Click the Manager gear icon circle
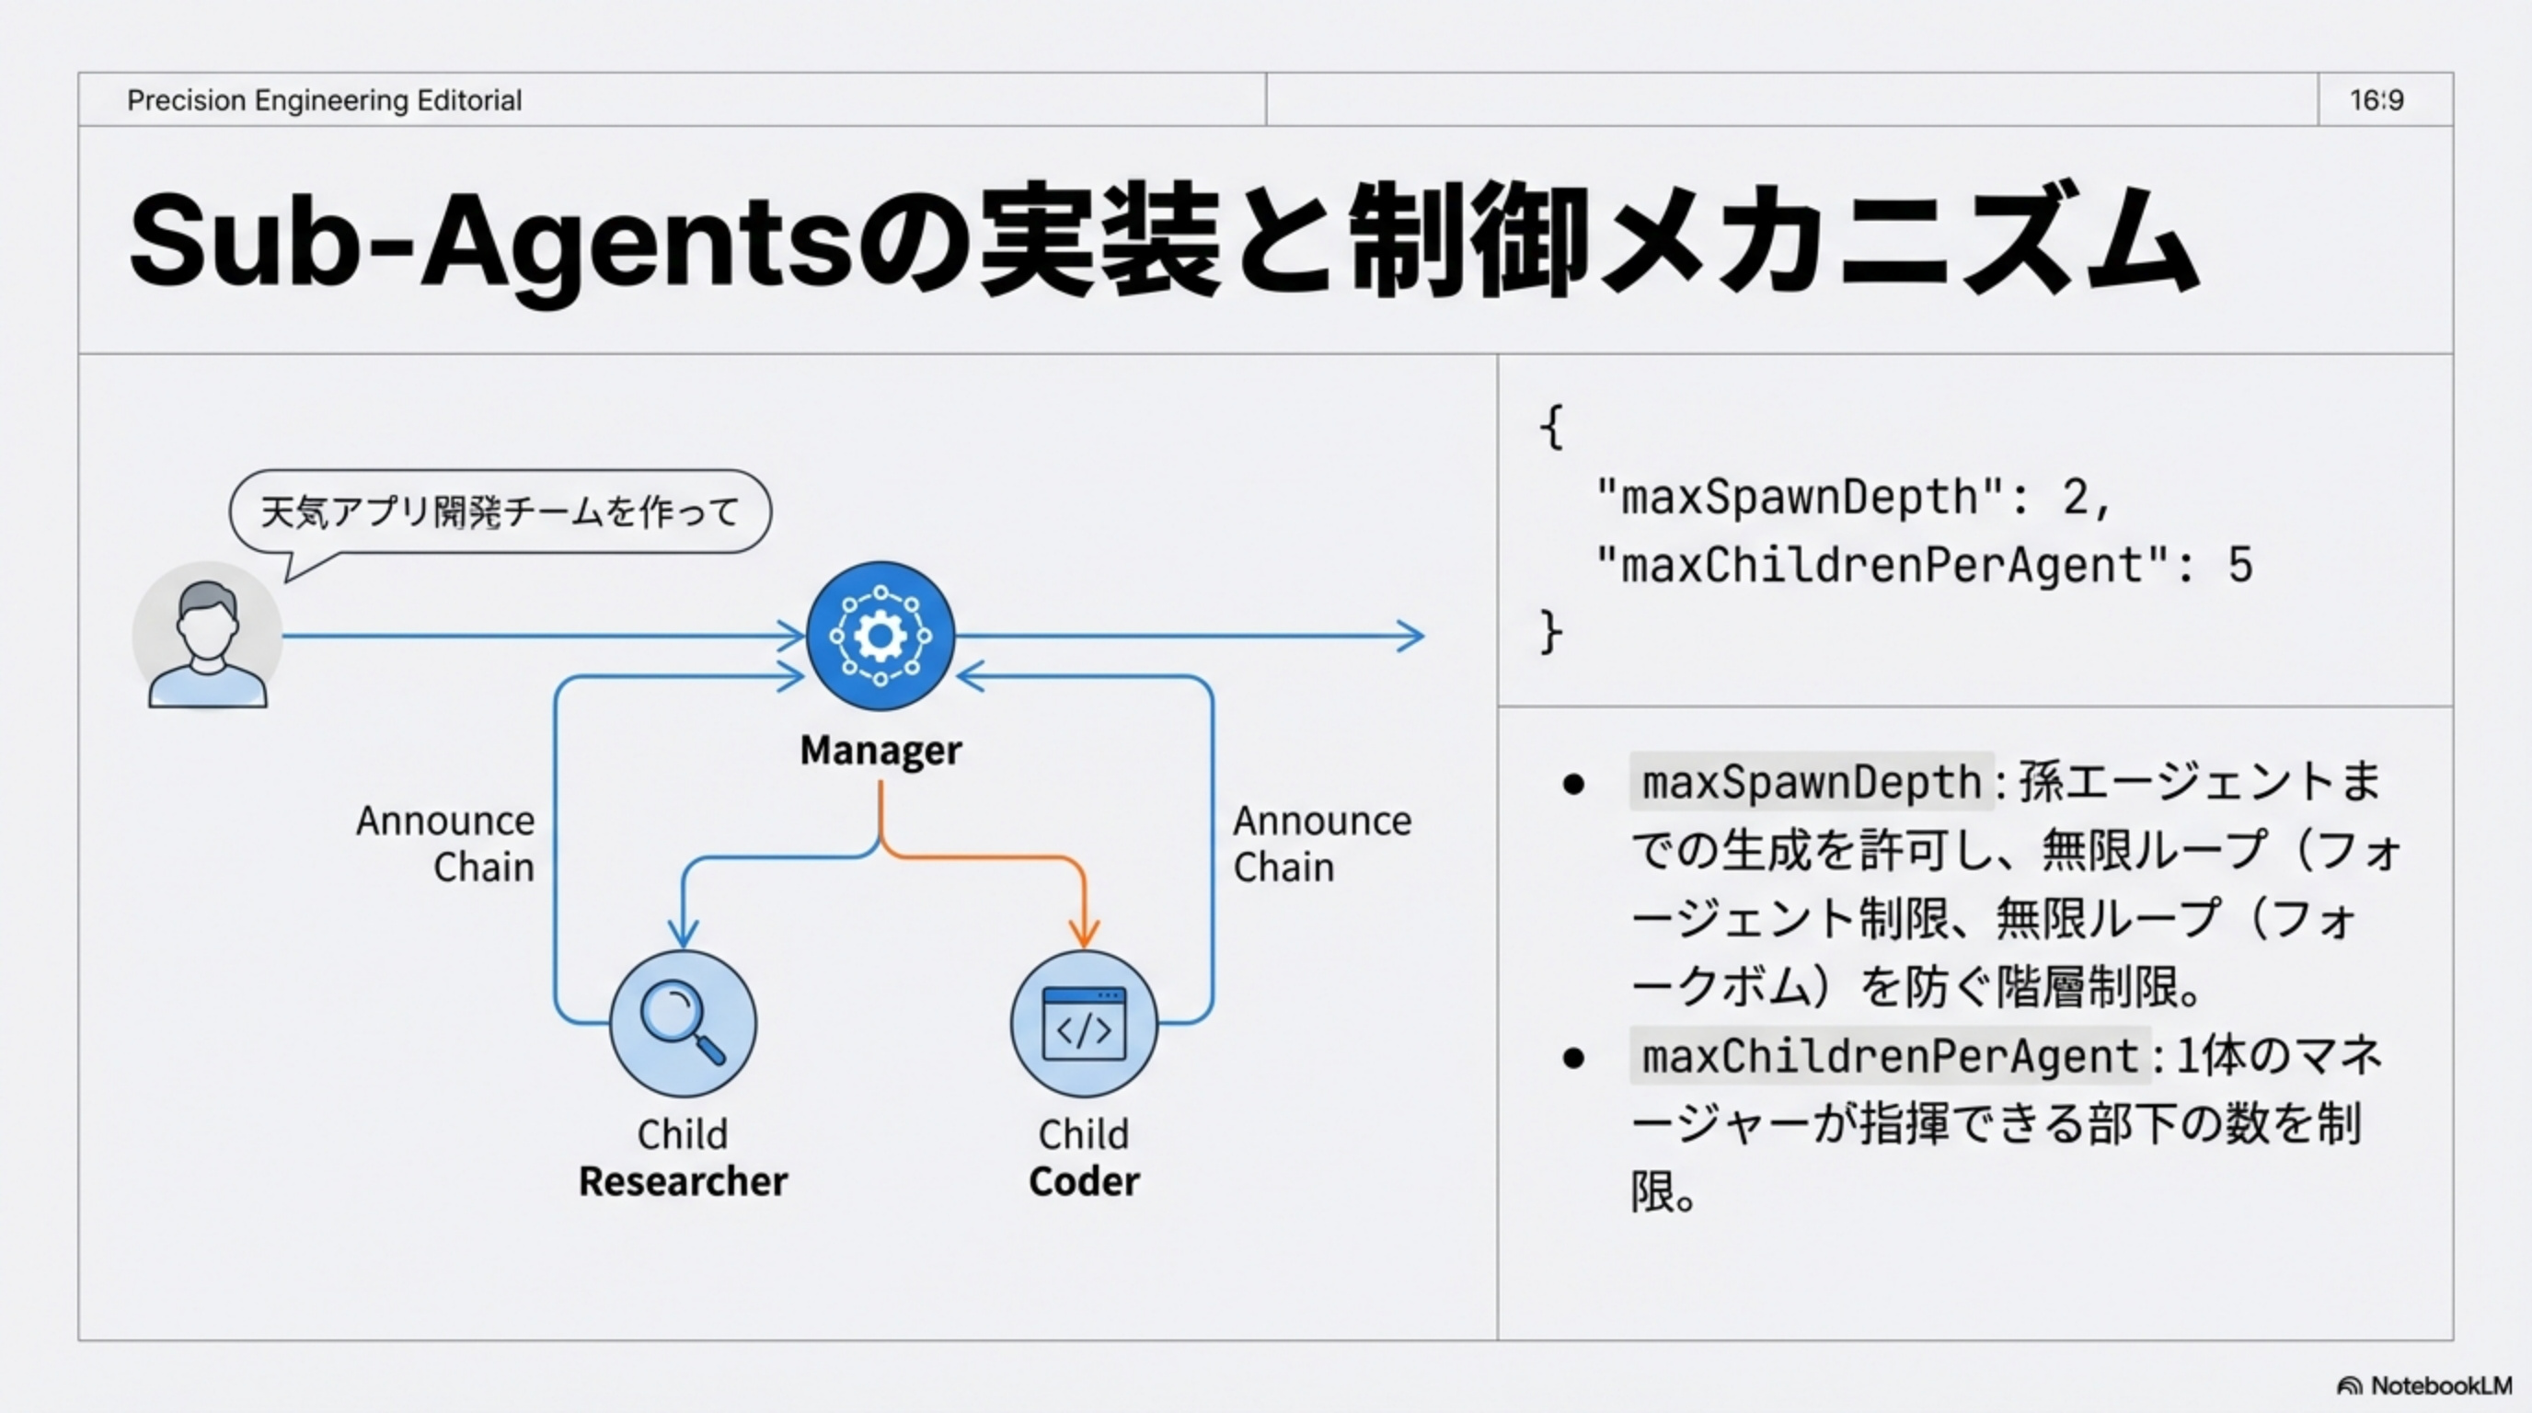click(880, 636)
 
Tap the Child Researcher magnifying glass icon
click(682, 1023)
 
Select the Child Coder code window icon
click(1083, 1023)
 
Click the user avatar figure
click(207, 636)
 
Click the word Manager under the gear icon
click(880, 750)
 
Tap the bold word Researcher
click(682, 1181)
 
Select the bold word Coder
click(1083, 1181)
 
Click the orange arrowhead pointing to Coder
click(1083, 932)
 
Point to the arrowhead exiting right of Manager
click(1411, 636)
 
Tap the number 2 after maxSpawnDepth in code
click(2075, 497)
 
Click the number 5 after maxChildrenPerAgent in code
click(2240, 566)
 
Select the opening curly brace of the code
click(1551, 429)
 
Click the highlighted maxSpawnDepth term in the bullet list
click(1811, 782)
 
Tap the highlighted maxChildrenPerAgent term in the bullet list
click(1889, 1056)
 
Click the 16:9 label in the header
click(2376, 100)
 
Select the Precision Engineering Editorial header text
click(325, 100)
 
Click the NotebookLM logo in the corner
click(2423, 1385)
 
